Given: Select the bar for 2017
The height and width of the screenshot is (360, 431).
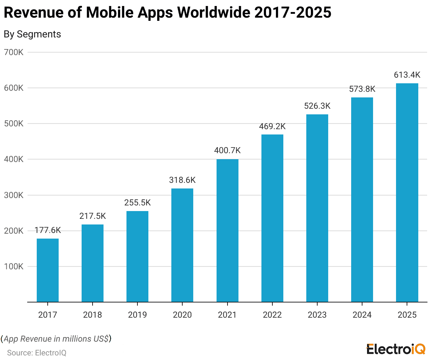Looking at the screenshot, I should click(x=48, y=270).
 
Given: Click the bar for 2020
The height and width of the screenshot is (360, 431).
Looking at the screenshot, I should click(x=182, y=245).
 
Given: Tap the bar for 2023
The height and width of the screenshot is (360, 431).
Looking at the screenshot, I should click(x=317, y=208).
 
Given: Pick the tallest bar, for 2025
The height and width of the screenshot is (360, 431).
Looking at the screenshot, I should click(x=407, y=193).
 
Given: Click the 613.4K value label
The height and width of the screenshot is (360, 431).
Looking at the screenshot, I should click(x=407, y=75).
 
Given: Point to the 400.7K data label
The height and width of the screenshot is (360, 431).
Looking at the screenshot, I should click(x=227, y=151).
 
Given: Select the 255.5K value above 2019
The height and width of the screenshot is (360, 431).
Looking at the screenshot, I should click(x=137, y=203).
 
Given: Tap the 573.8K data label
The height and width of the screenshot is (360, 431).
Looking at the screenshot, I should click(x=362, y=89).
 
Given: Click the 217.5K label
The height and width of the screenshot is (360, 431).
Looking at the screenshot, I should click(x=93, y=216).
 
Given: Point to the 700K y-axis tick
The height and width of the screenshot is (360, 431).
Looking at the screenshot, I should click(x=13, y=52).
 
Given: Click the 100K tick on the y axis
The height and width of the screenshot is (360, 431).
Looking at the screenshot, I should click(x=13, y=266).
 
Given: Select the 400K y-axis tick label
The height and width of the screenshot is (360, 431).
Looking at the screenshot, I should click(x=13, y=160).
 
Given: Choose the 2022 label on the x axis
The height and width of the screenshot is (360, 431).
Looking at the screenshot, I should click(x=272, y=315).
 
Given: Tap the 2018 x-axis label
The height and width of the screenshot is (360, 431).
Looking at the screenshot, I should click(x=93, y=315).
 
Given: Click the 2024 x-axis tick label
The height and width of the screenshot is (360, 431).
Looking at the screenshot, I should click(x=362, y=315).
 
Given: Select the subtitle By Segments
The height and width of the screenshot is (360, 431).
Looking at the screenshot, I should click(x=32, y=34).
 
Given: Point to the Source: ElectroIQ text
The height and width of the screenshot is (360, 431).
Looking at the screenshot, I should click(x=37, y=353).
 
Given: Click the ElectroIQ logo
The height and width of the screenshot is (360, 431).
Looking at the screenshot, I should click(x=396, y=349).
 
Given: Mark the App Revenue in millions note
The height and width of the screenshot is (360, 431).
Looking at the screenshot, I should click(x=56, y=339).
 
